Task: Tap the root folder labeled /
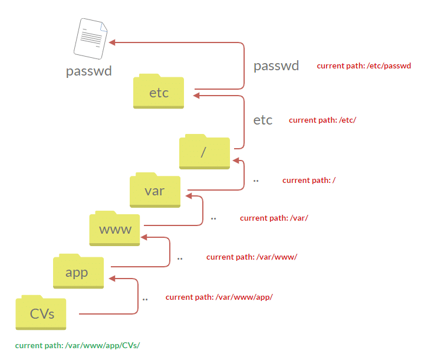pyautogui.click(x=204, y=152)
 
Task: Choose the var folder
pyautogui.click(x=154, y=190)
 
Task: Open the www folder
pyautogui.click(x=115, y=229)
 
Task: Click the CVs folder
pyautogui.click(x=42, y=312)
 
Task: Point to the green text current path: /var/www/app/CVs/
pyautogui.click(x=77, y=345)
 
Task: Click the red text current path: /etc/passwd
pyautogui.click(x=363, y=66)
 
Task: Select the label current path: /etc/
pyautogui.click(x=323, y=120)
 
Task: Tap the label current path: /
pyautogui.click(x=309, y=180)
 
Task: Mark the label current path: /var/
pyautogui.click(x=274, y=218)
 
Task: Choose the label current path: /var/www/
pyautogui.click(x=252, y=257)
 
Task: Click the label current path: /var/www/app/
pyautogui.click(x=219, y=297)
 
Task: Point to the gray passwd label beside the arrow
pyautogui.click(x=276, y=66)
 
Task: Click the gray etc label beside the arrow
pyautogui.click(x=263, y=120)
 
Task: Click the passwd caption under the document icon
pyautogui.click(x=89, y=71)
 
